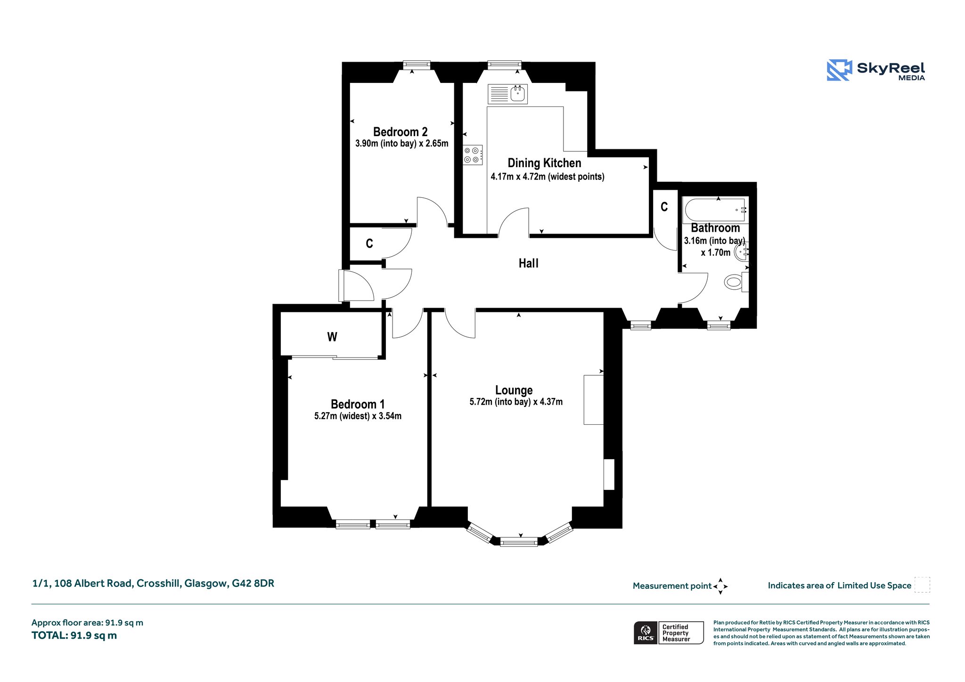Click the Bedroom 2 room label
(x=400, y=132)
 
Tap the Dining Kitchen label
(x=544, y=163)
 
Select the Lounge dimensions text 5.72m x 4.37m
(x=516, y=402)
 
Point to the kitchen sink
(x=507, y=94)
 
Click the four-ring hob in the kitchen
(x=473, y=155)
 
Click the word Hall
(x=528, y=263)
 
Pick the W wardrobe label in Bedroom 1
(x=332, y=337)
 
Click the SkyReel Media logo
(x=876, y=70)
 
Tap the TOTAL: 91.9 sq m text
(x=74, y=635)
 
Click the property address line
(x=153, y=583)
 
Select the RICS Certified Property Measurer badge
(x=669, y=633)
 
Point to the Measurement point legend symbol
(x=720, y=586)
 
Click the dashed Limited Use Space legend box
(x=922, y=585)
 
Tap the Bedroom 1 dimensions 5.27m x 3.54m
(x=358, y=416)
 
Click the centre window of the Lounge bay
(x=519, y=542)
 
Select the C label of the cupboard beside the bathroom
(x=664, y=207)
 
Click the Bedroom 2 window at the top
(x=417, y=65)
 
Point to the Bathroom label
(x=715, y=228)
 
